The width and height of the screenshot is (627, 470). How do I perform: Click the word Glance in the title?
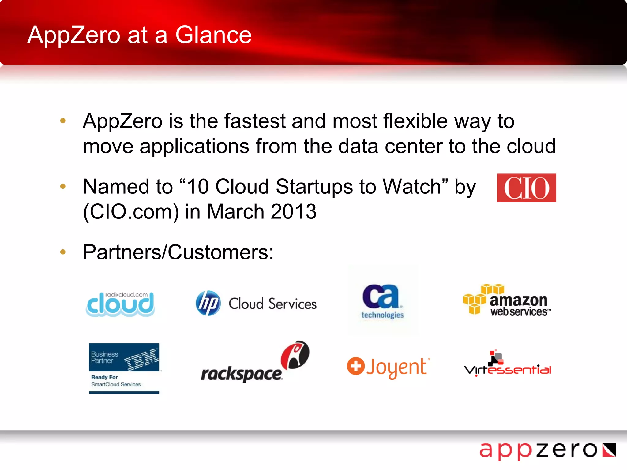(x=213, y=35)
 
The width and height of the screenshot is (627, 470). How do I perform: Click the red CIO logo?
(x=526, y=188)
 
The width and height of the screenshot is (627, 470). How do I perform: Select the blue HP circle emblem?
(x=208, y=303)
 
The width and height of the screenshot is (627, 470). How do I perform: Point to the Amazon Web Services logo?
(x=507, y=300)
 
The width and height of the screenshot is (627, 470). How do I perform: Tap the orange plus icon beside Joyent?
(x=355, y=366)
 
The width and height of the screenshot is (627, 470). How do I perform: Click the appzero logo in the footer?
(x=547, y=450)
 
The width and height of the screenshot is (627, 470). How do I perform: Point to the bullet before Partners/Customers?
(x=63, y=252)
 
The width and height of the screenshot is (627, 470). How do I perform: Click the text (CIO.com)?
(x=131, y=211)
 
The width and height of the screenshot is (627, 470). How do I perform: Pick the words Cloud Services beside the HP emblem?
(x=272, y=304)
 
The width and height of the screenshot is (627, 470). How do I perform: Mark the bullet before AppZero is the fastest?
(x=63, y=121)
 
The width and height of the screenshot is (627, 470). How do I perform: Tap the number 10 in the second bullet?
(x=198, y=186)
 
